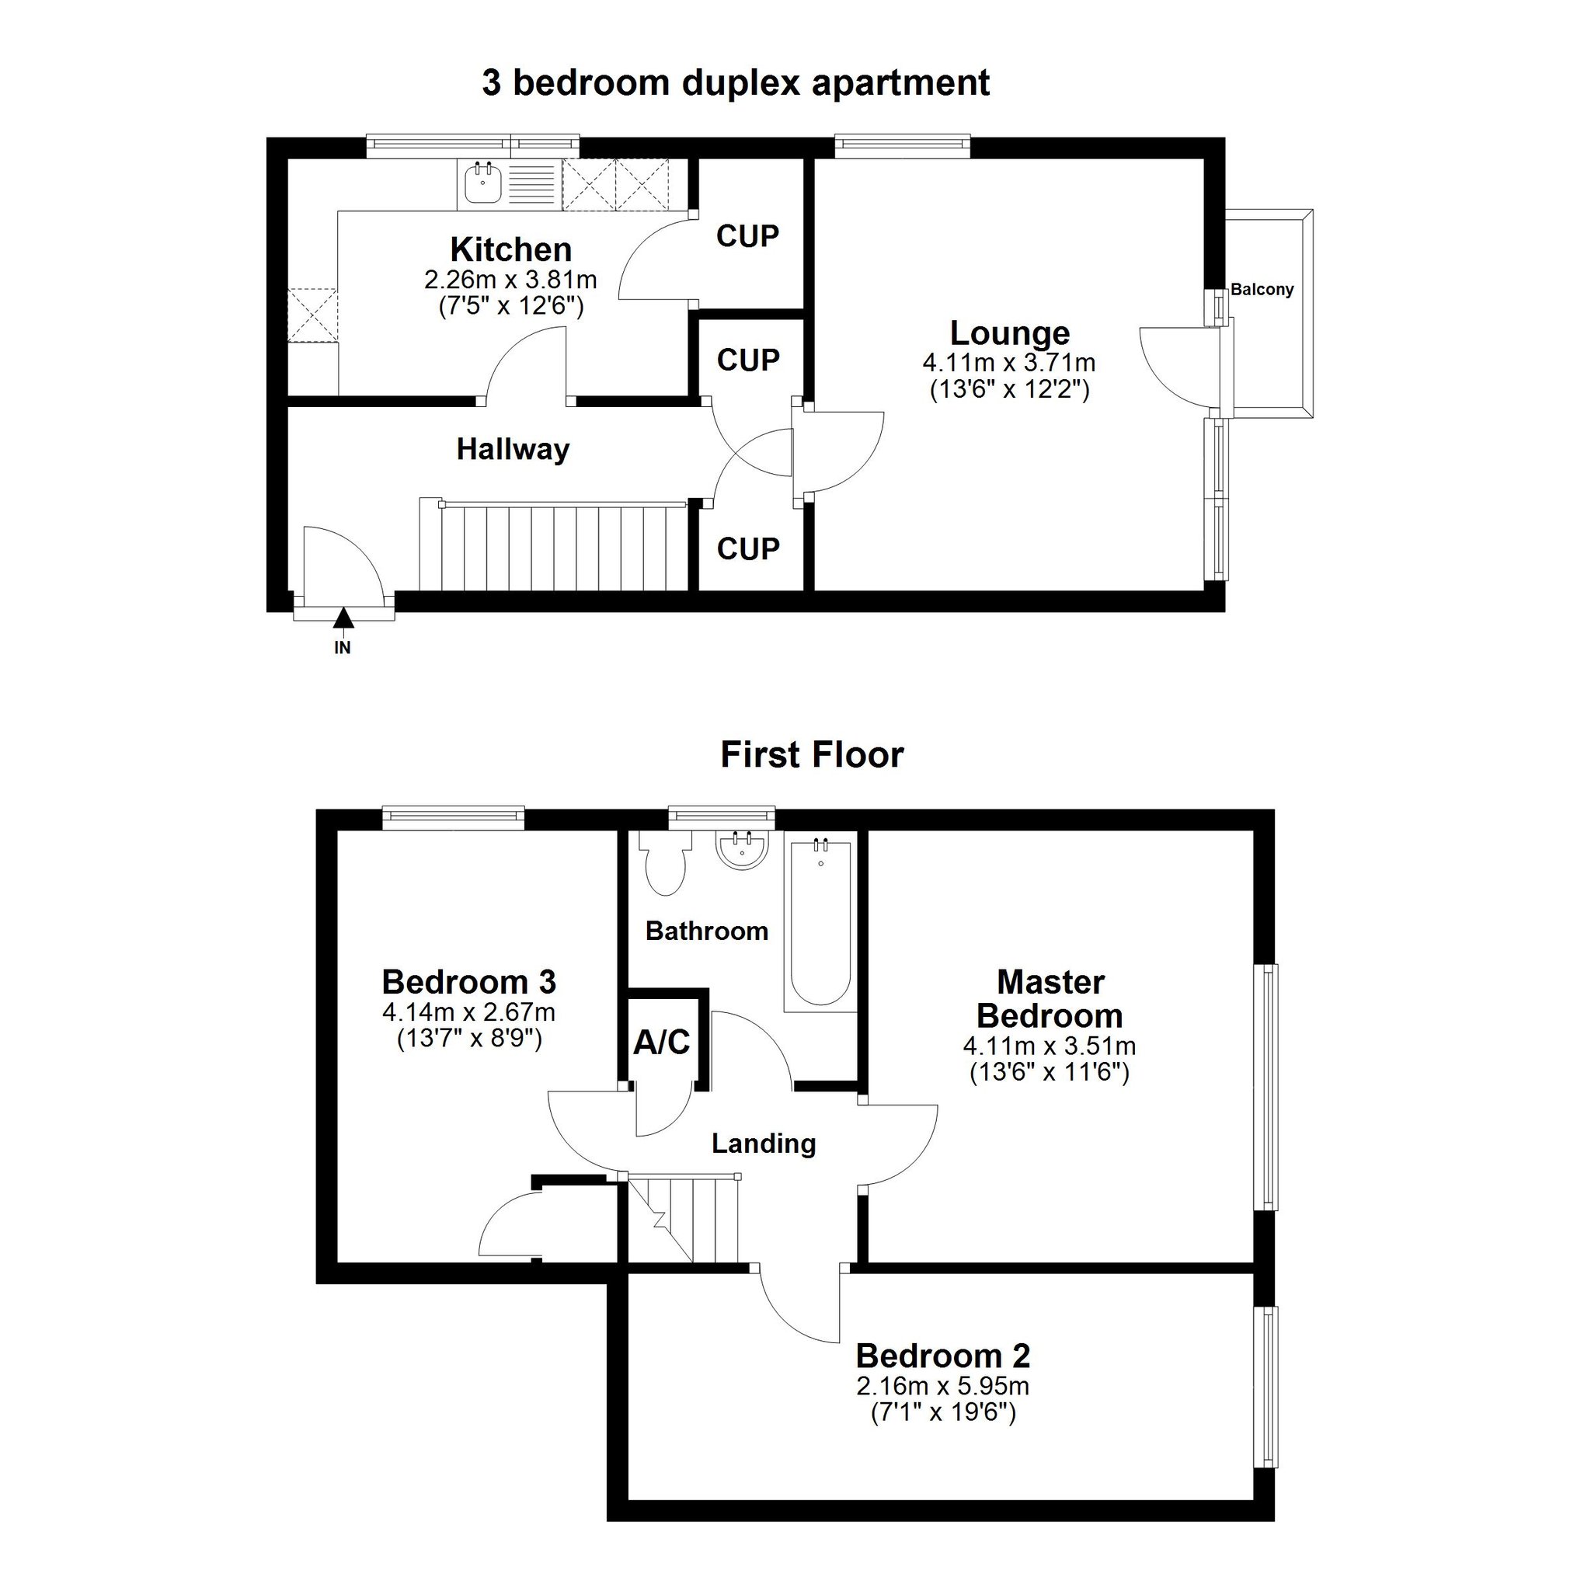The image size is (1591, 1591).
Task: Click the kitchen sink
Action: click(x=483, y=183)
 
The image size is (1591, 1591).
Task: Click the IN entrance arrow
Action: click(x=343, y=617)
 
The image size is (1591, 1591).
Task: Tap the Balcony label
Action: click(x=1262, y=290)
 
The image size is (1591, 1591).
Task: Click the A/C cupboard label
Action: click(x=661, y=1043)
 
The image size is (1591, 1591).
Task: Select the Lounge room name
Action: click(x=1010, y=333)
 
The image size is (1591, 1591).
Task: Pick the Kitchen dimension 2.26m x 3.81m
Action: click(x=510, y=280)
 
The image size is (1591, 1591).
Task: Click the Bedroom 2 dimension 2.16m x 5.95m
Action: click(x=943, y=1386)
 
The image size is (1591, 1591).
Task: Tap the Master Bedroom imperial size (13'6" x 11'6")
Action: click(x=1049, y=1072)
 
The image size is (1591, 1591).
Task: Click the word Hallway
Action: click(x=513, y=450)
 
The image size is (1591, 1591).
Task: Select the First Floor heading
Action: click(x=812, y=754)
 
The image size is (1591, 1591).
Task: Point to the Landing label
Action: click(x=764, y=1144)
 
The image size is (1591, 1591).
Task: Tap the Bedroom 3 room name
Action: click(x=469, y=982)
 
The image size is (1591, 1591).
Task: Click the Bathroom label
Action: click(x=707, y=931)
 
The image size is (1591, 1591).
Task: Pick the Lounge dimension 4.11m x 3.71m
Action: click(x=1009, y=362)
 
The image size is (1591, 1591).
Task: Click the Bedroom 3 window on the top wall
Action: click(x=454, y=817)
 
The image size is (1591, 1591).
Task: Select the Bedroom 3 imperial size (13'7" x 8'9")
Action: click(x=469, y=1039)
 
